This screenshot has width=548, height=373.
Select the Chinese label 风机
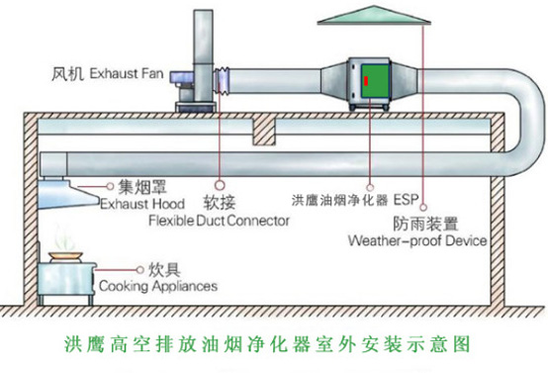(x=68, y=74)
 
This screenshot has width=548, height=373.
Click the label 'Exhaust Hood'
(x=137, y=202)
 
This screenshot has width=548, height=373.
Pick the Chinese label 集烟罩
(x=140, y=185)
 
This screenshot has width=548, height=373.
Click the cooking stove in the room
(x=69, y=280)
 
